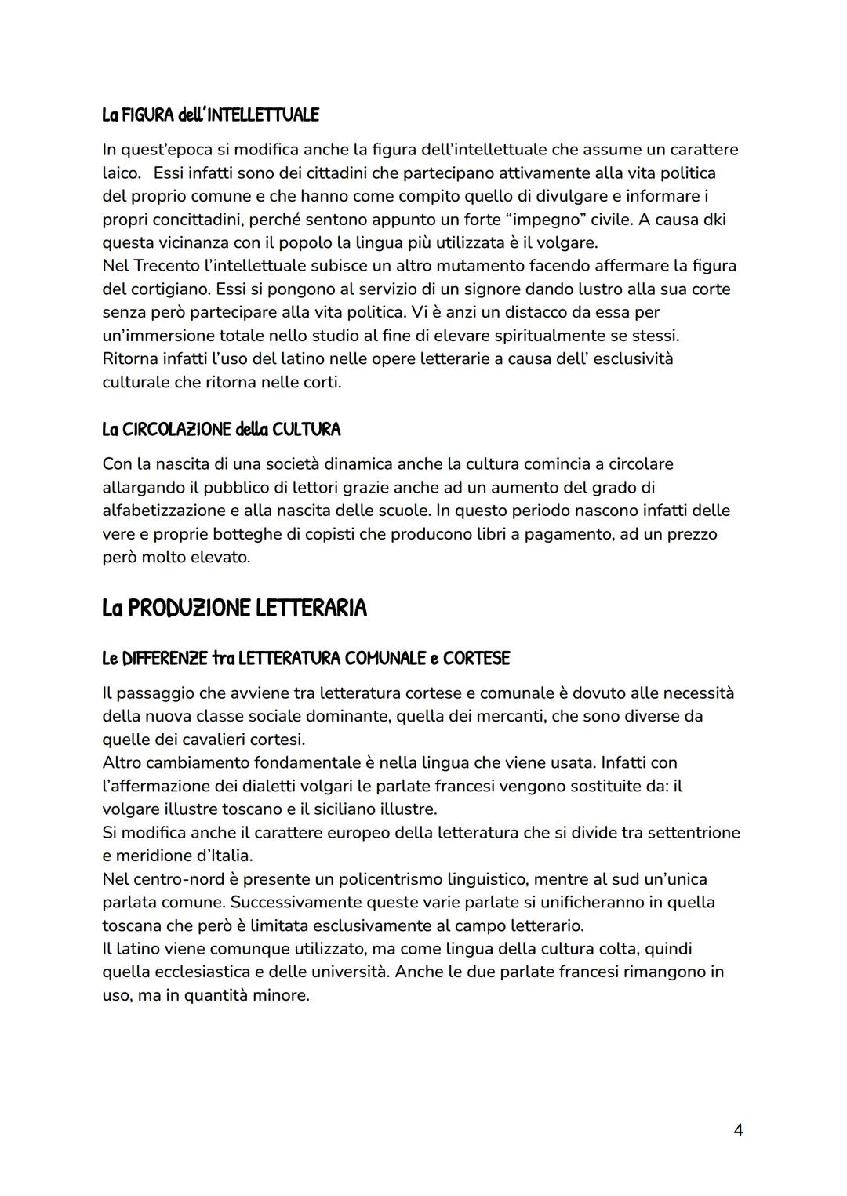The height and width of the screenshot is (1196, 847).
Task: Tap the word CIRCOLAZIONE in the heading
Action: click(x=168, y=430)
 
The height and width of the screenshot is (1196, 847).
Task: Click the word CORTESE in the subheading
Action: click(x=476, y=659)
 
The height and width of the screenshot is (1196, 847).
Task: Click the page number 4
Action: click(x=737, y=1129)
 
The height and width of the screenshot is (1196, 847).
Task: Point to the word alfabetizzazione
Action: click(x=164, y=511)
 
